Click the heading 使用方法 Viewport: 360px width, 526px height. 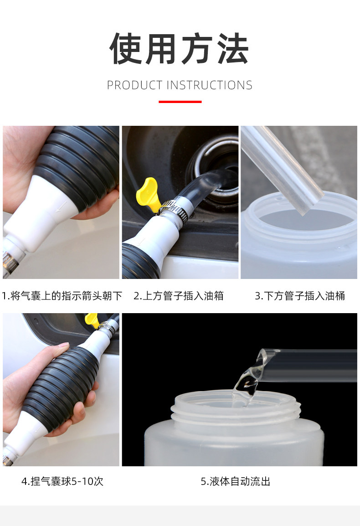[180, 49]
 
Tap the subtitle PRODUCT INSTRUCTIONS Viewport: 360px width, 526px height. [180, 85]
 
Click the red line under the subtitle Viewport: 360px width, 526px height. [180, 101]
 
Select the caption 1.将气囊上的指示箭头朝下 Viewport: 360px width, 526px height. [62, 295]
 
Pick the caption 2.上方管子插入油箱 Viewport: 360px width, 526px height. [179, 295]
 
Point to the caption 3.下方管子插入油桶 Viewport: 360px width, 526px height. [300, 295]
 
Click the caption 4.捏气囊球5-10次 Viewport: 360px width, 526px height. [62, 481]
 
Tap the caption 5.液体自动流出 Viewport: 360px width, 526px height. [236, 481]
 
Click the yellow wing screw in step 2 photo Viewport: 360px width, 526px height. [147, 194]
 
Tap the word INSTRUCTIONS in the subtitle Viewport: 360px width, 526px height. [209, 85]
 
